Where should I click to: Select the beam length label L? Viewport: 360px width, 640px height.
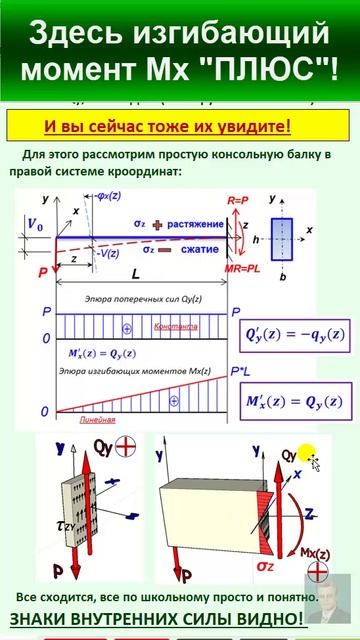point(137,273)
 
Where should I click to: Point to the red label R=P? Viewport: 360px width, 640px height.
point(237,201)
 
